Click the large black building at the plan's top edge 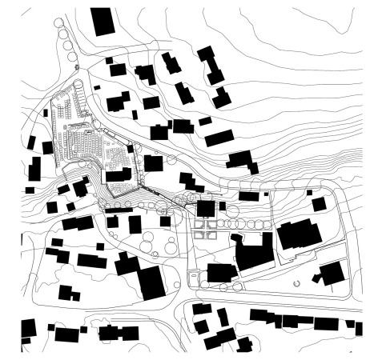[x=103, y=21]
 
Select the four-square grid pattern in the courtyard [x=207, y=230]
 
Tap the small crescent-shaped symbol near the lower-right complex [x=297, y=282]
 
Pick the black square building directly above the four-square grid [x=206, y=210]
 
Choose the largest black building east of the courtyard [x=297, y=234]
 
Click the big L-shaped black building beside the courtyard [x=252, y=254]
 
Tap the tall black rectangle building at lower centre [x=151, y=282]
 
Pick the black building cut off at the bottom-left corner [x=28, y=329]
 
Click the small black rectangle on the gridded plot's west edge [x=49, y=148]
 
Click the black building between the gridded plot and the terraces [x=119, y=175]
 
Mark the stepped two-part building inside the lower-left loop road [x=68, y=293]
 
